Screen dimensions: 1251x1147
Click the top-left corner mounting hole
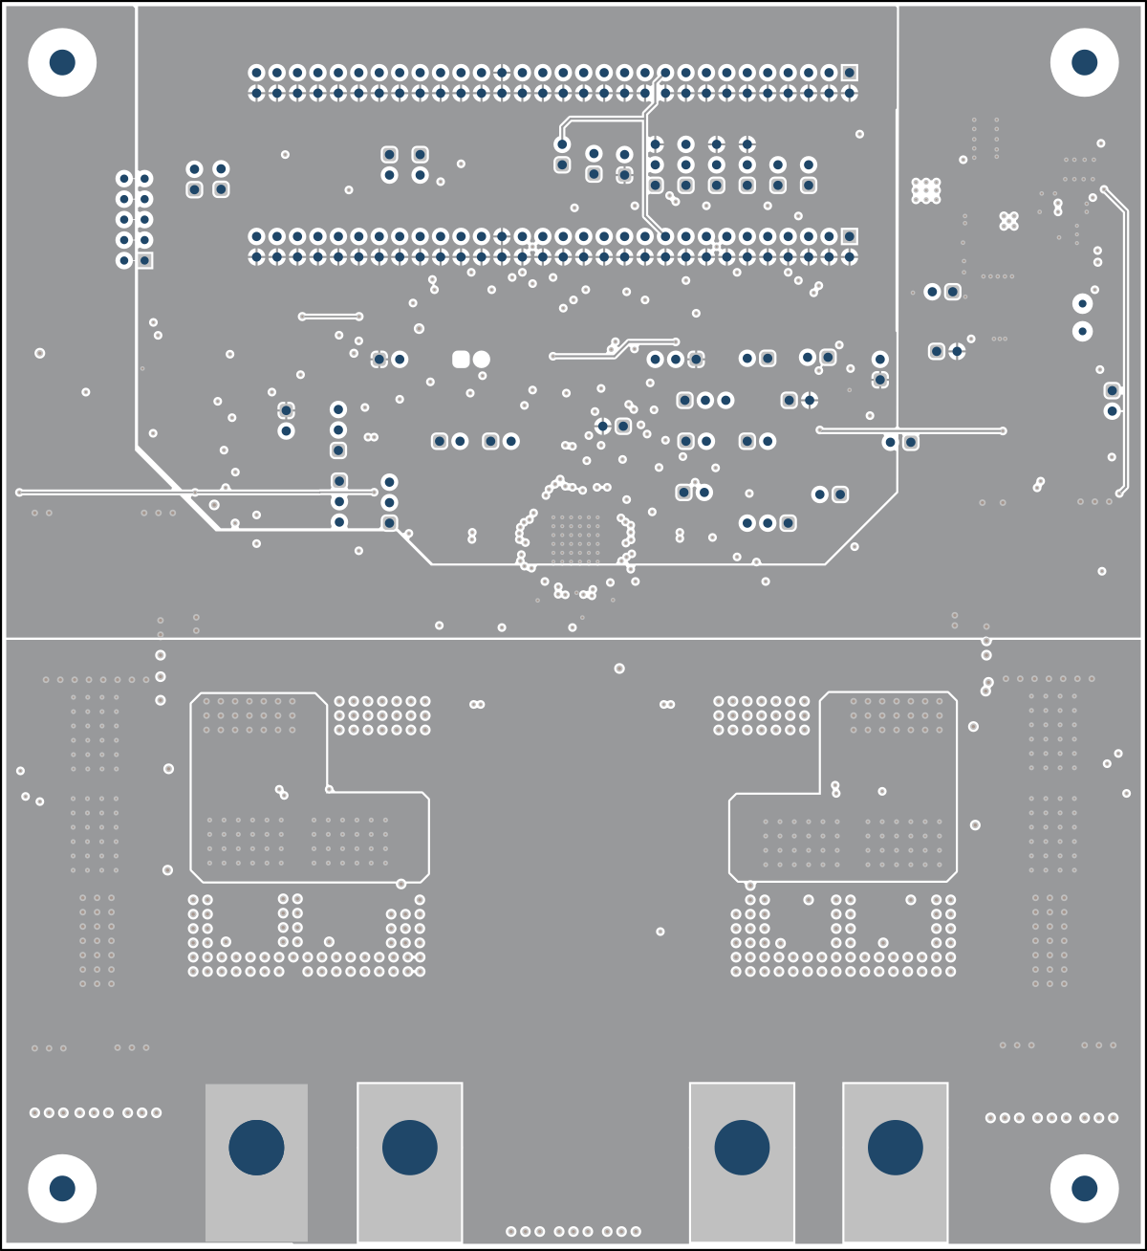(62, 62)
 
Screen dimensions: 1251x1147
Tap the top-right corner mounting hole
(1084, 62)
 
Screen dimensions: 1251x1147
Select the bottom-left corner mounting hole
(62, 1188)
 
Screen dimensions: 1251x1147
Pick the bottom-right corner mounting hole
(1084, 1188)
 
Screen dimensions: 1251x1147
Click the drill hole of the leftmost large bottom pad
(256, 1147)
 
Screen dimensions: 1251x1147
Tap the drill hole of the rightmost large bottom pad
(895, 1147)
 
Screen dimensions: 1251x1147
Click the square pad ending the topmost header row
(849, 73)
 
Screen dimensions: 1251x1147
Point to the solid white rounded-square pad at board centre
(461, 359)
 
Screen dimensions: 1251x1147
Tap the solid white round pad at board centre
(482, 359)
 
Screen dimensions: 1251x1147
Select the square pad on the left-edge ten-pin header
(144, 260)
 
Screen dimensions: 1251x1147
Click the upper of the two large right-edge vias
(1082, 303)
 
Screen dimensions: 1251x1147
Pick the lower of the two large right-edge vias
(1082, 331)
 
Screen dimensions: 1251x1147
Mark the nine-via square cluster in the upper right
(925, 190)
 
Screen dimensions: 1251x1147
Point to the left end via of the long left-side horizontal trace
(19, 493)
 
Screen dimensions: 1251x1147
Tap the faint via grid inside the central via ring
(574, 538)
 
